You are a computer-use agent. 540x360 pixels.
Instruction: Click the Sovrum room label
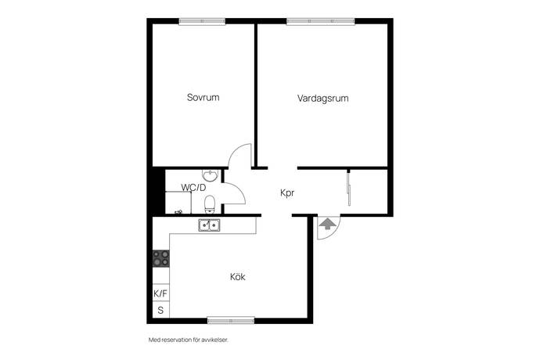coord(203,97)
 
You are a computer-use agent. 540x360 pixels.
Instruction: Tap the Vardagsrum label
coord(322,98)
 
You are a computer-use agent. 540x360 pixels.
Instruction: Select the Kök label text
coord(238,276)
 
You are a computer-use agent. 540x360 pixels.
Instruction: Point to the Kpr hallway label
coord(287,193)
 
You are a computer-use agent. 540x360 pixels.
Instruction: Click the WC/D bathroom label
coord(193,188)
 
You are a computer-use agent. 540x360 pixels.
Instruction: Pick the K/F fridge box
coord(161,293)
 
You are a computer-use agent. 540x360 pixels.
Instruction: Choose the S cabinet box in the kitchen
coord(161,310)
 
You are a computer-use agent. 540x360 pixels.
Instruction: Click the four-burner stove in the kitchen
coord(161,258)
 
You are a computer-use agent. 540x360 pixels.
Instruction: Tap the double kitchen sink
coord(210,225)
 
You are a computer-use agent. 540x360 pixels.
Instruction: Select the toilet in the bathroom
coord(210,204)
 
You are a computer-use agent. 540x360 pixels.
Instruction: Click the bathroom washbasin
coord(210,175)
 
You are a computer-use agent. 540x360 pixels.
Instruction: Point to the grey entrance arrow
coord(327,224)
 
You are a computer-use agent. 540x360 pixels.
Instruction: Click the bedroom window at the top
coord(202,21)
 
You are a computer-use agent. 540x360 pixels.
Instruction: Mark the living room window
coord(321,21)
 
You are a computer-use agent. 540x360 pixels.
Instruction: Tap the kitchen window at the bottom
coord(231,321)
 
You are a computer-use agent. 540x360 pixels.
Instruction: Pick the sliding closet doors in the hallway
coord(349,188)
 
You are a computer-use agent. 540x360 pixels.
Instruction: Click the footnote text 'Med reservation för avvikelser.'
coord(189,340)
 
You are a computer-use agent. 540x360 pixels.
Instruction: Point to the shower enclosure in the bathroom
coord(178,203)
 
